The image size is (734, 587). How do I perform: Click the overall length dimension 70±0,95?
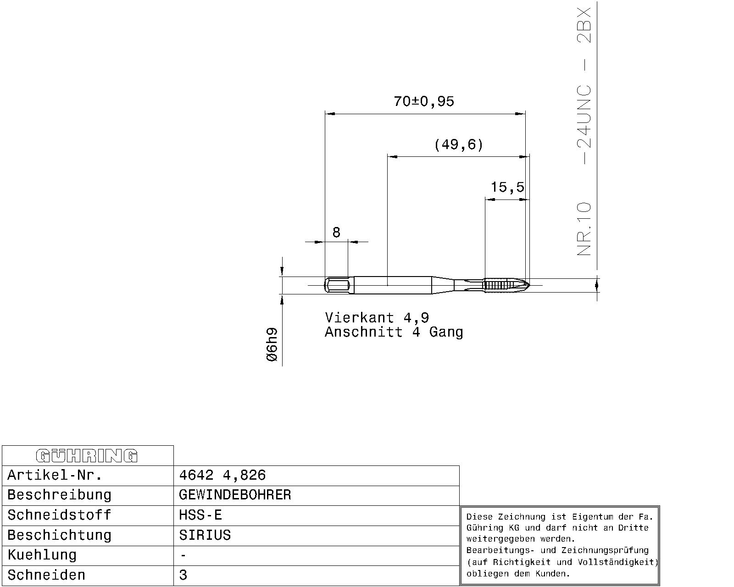pos(423,101)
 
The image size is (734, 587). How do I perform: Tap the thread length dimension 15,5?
pos(507,187)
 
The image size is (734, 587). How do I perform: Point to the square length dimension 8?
pos(336,232)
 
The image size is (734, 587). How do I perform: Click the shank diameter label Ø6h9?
pos(272,344)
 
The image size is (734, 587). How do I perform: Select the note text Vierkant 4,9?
pos(377,317)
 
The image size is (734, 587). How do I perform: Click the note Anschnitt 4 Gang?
pos(394,332)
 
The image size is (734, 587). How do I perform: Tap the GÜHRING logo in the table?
pos(87,456)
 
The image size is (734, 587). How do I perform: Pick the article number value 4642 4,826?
pos(222,475)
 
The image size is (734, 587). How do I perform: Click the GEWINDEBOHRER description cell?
pos(235,495)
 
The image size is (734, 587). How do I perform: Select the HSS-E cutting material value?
pos(200,515)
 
